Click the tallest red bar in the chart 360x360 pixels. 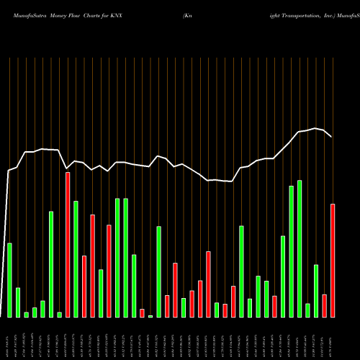pos(68,245)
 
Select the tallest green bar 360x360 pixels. pos(300,248)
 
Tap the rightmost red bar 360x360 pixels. pos(333,261)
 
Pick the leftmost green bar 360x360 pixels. pos(9,280)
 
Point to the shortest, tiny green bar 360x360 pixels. pos(150,316)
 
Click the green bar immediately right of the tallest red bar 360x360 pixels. pos(76,259)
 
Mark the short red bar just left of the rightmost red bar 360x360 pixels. pos(325,306)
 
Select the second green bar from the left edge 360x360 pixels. pos(18,302)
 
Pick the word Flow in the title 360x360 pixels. pos(78,14)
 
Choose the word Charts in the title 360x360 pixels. pos(99,14)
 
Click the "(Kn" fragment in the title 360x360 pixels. pos(189,14)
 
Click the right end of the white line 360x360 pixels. pos(332,137)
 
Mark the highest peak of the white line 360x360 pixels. pos(314,128)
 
